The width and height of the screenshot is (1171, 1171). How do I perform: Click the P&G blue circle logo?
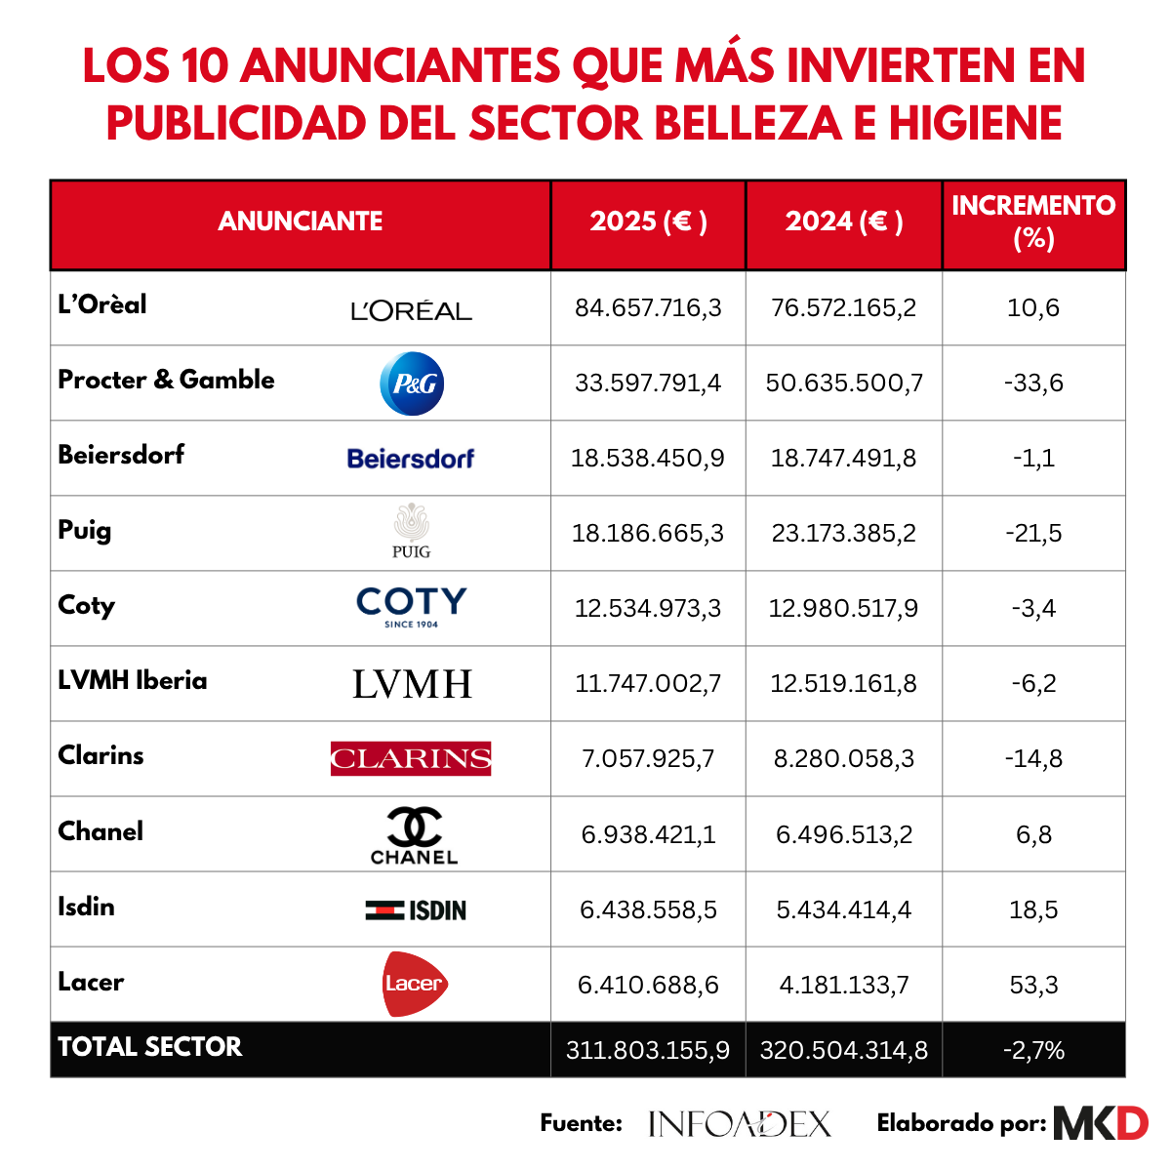[412, 384]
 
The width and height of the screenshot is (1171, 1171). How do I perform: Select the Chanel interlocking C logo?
[414, 828]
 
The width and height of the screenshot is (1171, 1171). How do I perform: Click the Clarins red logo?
[411, 758]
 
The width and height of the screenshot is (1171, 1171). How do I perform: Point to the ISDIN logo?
[416, 909]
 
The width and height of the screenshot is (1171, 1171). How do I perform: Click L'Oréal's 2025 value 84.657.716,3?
[648, 307]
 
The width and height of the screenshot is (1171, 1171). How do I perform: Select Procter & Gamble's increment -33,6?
[1033, 383]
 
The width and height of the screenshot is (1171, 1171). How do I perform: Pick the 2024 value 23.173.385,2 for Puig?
[843, 533]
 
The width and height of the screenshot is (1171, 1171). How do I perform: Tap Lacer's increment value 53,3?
[1033, 985]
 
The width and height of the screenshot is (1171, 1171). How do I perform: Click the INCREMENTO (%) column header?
[1033, 222]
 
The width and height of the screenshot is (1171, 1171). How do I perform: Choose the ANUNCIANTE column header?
[301, 222]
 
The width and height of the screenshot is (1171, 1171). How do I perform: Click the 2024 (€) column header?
[843, 222]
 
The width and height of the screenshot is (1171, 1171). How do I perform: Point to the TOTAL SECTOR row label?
[149, 1046]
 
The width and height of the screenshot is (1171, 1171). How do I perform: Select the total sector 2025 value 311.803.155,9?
[648, 1050]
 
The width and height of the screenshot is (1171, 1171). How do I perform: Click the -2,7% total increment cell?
[1033, 1050]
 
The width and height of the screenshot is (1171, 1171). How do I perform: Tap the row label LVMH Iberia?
[133, 680]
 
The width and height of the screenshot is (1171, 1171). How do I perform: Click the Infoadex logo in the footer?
[739, 1123]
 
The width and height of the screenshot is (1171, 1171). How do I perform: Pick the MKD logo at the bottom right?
[1101, 1123]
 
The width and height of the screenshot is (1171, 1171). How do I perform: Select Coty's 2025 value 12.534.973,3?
[648, 608]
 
